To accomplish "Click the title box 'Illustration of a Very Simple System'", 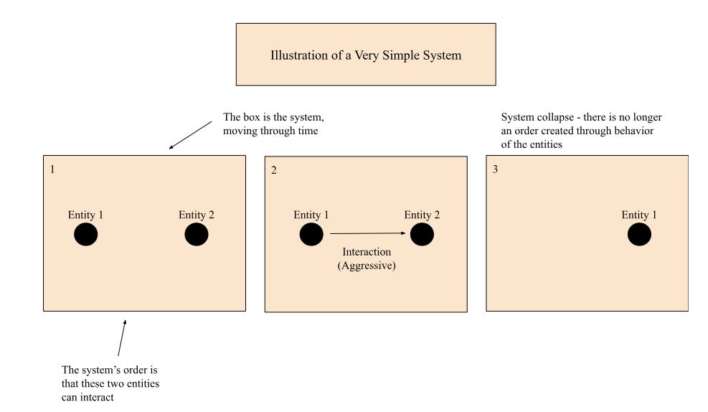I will pyautogui.click(x=366, y=55).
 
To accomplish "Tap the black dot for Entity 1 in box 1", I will pyautogui.click(x=86, y=235).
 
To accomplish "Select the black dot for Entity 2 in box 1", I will pyautogui.click(x=197, y=235).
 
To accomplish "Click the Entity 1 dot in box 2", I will pyautogui.click(x=311, y=235).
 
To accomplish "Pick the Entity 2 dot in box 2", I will pyautogui.click(x=422, y=235).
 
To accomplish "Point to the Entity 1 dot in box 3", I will pyautogui.click(x=639, y=235).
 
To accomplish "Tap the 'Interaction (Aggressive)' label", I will pyautogui.click(x=367, y=258).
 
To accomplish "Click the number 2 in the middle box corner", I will pyautogui.click(x=274, y=170).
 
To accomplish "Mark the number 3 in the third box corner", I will pyautogui.click(x=495, y=170).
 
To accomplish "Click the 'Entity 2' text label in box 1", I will pyautogui.click(x=197, y=215).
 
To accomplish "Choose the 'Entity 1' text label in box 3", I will pyautogui.click(x=639, y=215).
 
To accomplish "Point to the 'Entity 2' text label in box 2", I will pyautogui.click(x=422, y=215).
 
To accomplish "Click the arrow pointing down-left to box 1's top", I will pyautogui.click(x=190, y=136).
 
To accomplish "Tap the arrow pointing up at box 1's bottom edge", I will pyautogui.click(x=122, y=338).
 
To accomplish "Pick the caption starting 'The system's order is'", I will pyautogui.click(x=110, y=383).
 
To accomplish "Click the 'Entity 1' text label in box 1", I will pyautogui.click(x=86, y=215).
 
